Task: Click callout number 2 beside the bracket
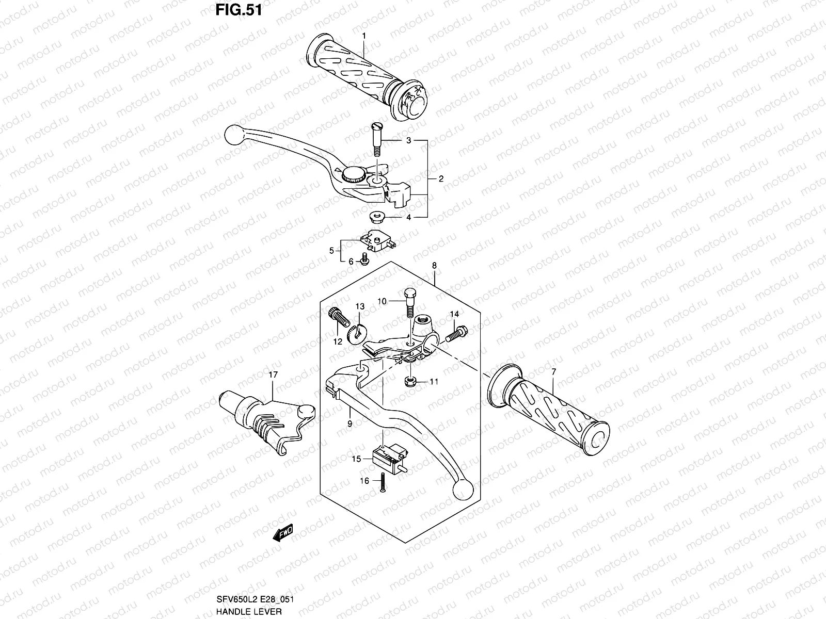point(441,179)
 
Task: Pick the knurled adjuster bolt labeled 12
point(336,320)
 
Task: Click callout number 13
point(360,306)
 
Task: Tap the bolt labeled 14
point(456,333)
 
